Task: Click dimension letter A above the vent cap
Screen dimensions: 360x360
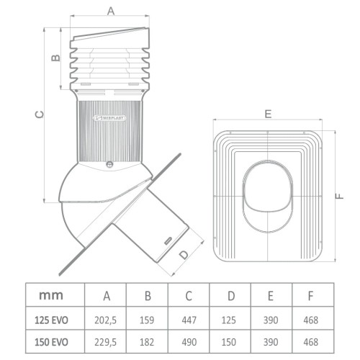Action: (111, 10)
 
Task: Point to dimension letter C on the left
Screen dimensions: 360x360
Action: (40, 113)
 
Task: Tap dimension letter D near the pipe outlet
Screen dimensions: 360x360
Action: (184, 253)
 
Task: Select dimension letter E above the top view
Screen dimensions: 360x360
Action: (267, 114)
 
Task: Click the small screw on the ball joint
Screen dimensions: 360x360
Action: (109, 163)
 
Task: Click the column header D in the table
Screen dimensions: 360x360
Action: (230, 294)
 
